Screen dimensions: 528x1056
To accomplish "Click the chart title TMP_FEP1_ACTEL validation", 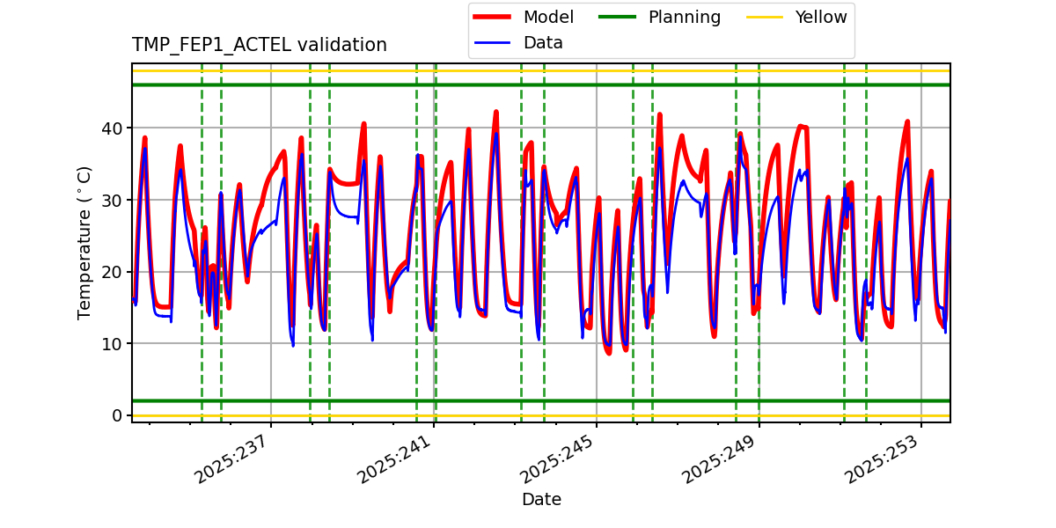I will pos(259,45).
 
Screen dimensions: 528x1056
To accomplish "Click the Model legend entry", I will pos(547,18).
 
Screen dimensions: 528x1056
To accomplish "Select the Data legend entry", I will pos(542,43).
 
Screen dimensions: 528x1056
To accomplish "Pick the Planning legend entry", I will pos(684,18).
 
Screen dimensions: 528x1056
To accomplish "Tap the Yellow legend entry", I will pos(820,18).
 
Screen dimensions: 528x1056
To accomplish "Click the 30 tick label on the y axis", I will pos(113,200).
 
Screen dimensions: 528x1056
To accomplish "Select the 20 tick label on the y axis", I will pos(113,272).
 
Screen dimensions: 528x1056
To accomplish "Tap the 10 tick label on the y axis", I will pos(113,343).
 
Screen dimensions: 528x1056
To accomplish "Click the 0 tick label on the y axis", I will pos(117,415).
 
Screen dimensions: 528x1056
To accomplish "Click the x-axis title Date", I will pos(541,500).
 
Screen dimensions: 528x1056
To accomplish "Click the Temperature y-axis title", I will pos(84,242).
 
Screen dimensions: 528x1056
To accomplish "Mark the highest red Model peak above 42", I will pos(496,112).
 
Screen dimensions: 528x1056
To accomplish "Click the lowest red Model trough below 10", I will pos(608,353).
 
